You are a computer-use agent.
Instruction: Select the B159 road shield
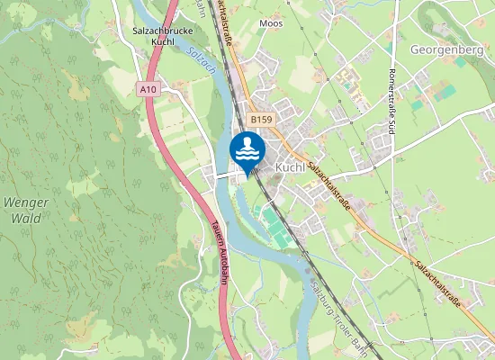(x=261, y=118)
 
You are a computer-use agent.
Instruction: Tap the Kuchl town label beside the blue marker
(x=292, y=167)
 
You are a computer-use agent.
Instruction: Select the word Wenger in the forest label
(x=25, y=202)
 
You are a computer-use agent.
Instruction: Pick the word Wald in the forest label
(x=25, y=217)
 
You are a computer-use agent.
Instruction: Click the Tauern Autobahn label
(x=219, y=256)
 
